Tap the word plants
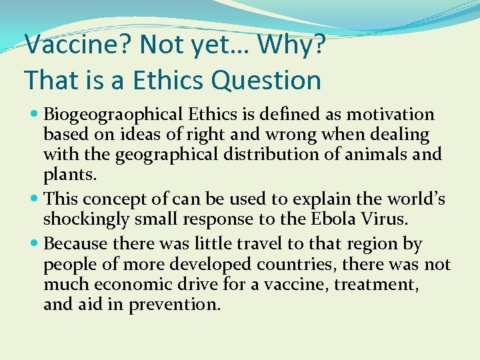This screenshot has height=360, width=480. coord(69,175)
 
